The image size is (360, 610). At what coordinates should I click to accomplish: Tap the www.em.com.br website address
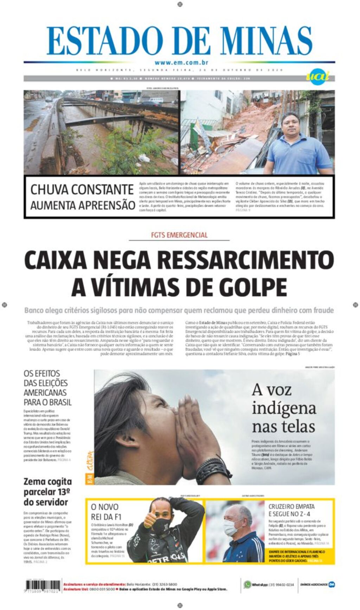181,63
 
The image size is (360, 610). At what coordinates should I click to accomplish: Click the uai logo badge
317,76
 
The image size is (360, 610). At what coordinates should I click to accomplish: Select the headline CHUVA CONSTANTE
82,190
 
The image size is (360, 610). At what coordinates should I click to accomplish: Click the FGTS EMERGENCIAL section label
179,235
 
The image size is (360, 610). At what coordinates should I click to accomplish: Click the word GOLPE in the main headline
253,287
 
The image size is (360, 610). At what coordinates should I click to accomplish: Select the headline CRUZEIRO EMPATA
291,510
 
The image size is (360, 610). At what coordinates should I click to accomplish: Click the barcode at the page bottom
43,585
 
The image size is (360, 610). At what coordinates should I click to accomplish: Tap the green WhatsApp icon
247,584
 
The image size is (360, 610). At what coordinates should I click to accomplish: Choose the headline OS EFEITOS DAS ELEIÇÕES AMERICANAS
47,388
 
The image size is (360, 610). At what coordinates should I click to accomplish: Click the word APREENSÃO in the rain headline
109,205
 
